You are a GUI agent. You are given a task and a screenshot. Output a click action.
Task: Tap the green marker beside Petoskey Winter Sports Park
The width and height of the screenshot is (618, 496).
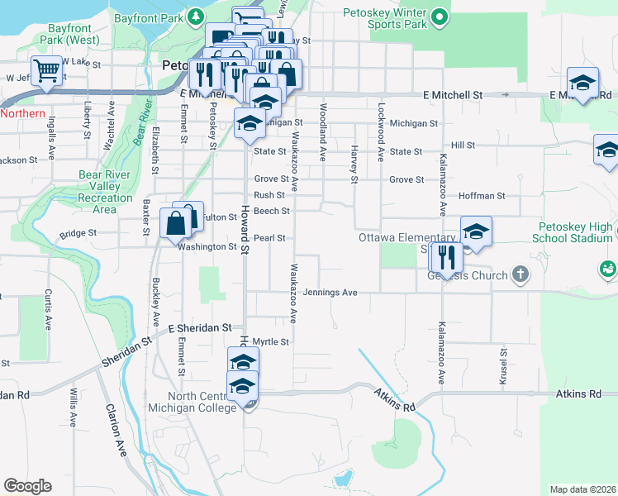click(x=440, y=16)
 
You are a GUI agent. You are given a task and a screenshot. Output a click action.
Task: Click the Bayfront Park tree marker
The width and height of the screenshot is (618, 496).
click(x=196, y=16)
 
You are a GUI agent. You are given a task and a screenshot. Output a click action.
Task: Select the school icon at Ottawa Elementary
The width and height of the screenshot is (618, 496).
click(x=475, y=231)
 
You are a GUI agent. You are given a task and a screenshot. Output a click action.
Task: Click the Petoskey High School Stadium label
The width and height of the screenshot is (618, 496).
click(x=578, y=232)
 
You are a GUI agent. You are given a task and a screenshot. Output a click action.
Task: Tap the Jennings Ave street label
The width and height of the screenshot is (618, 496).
click(x=330, y=293)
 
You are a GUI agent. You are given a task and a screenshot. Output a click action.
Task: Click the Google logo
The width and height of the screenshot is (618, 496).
click(x=27, y=486)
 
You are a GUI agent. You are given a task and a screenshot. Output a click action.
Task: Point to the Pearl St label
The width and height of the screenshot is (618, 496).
click(x=269, y=238)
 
